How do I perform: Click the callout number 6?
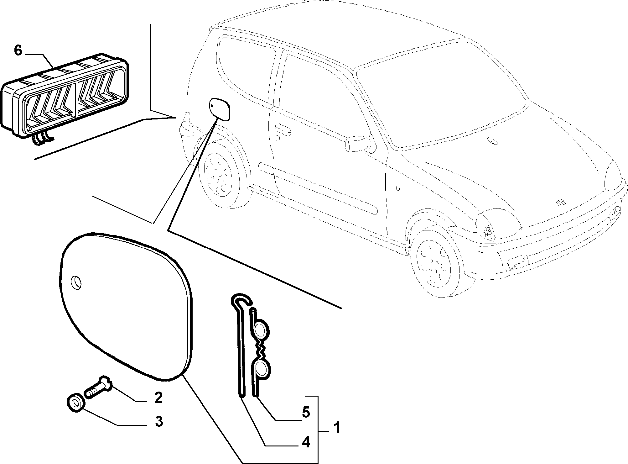pyautogui.click(x=18, y=50)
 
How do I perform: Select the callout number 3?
pyautogui.click(x=159, y=422)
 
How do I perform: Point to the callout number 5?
pyautogui.click(x=305, y=412)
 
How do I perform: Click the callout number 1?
pyautogui.click(x=337, y=427)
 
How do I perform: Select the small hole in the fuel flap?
pyautogui.click(x=76, y=282)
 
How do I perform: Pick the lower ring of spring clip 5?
pyautogui.click(x=261, y=369)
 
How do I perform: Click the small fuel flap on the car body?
pyautogui.click(x=220, y=108)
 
